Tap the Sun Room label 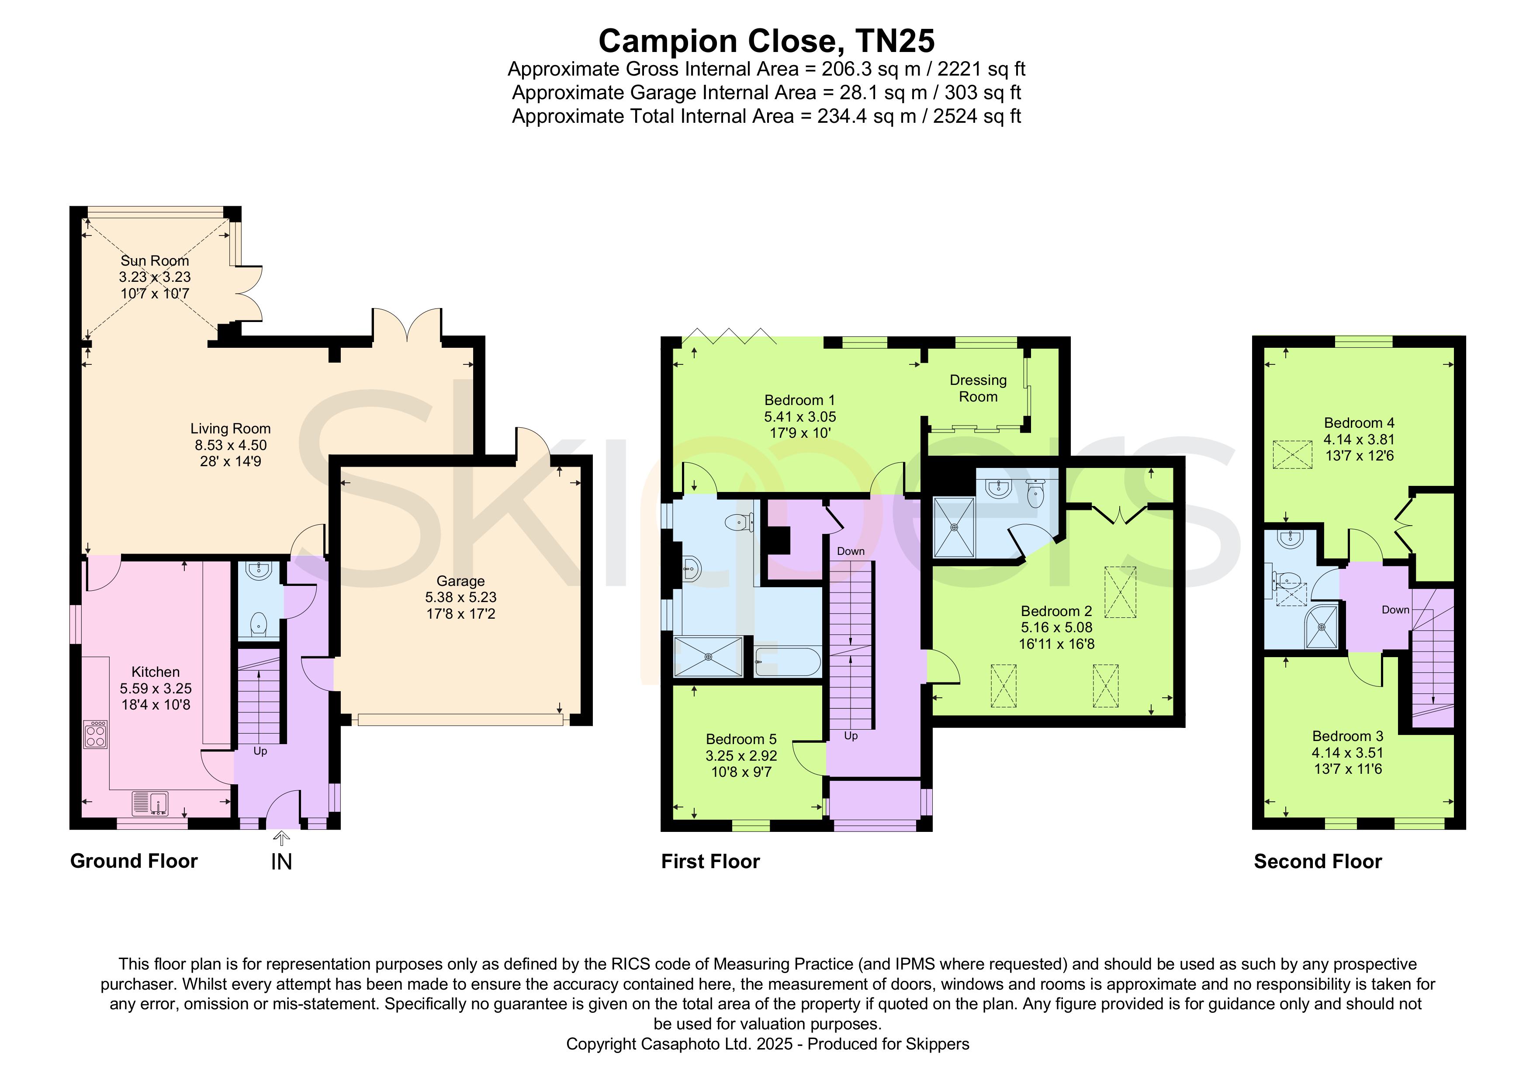tap(155, 260)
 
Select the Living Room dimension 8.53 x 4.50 tap(230, 445)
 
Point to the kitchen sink tap(149, 803)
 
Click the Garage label tap(461, 581)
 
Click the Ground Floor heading tap(134, 861)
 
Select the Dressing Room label tap(978, 388)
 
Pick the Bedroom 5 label tap(741, 739)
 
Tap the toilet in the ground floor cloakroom tap(259, 624)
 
